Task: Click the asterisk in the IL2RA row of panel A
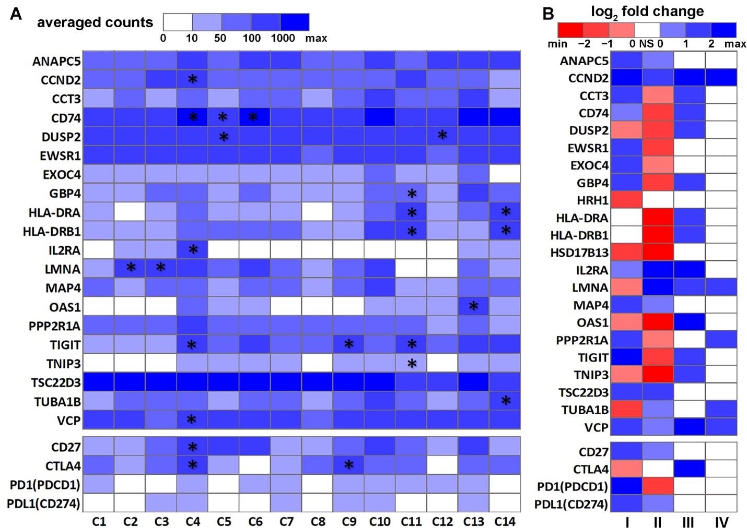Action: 193,250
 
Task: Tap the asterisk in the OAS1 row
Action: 473,306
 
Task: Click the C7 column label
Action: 286,521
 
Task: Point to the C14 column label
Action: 505,521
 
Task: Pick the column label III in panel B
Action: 689,522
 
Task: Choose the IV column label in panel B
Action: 721,522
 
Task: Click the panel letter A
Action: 16,14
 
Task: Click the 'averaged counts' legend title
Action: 95,22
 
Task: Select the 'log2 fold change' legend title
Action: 647,12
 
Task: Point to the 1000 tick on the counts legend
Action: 283,38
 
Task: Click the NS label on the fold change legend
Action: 647,44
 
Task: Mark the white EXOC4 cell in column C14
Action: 505,174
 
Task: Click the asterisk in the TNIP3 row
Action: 412,364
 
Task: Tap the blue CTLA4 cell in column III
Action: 689,469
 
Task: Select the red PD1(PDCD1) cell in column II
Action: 658,486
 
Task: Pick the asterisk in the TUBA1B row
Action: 505,401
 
